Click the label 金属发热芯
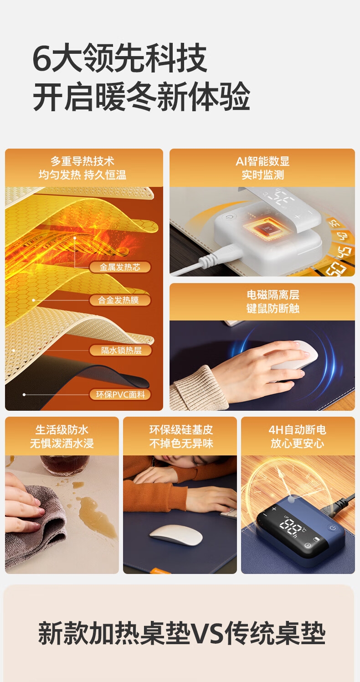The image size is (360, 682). pos(120,267)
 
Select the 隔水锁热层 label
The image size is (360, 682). pos(121,350)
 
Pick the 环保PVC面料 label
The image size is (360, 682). pos(120,395)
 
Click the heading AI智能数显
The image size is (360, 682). pos(262,161)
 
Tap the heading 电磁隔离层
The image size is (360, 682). pos(273,294)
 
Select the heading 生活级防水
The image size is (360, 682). pos(62,429)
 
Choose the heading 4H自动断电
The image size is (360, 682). pos(297,429)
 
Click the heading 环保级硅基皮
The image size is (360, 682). pos(181,429)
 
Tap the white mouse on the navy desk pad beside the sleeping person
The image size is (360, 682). pos(176,535)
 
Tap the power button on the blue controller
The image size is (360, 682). pos(333,527)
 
